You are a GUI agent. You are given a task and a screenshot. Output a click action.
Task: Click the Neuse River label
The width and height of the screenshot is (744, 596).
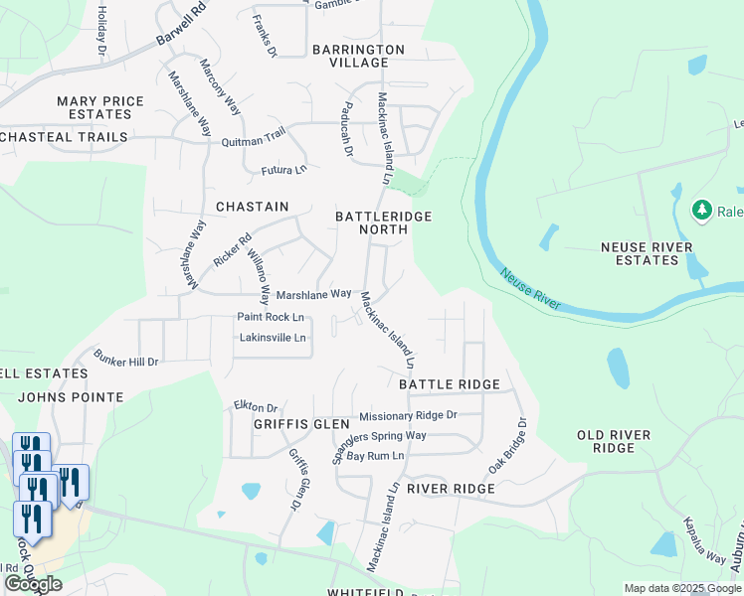pyautogui.click(x=531, y=289)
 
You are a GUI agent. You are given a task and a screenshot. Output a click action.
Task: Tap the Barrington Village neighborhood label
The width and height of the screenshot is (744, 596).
pyautogui.click(x=358, y=56)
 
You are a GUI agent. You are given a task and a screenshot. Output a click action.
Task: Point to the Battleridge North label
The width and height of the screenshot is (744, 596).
pyautogui.click(x=372, y=222)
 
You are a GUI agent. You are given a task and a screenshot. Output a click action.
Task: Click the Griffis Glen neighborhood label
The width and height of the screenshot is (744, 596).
pyautogui.click(x=275, y=423)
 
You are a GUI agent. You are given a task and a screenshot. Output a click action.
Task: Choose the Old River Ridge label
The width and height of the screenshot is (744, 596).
pyautogui.click(x=614, y=441)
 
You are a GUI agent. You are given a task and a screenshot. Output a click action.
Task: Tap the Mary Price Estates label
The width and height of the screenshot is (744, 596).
pyautogui.click(x=100, y=107)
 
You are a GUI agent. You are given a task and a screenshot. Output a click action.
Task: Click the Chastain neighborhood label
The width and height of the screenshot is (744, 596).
pyautogui.click(x=252, y=207)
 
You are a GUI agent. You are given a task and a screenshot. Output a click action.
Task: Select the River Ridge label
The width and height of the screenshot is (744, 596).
pyautogui.click(x=451, y=489)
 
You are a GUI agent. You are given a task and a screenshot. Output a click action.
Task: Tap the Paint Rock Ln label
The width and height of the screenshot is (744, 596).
pyautogui.click(x=270, y=317)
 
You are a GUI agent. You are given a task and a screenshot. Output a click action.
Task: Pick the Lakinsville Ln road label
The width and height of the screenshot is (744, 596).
pyautogui.click(x=273, y=338)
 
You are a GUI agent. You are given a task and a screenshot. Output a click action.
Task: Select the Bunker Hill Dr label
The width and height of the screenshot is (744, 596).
pyautogui.click(x=126, y=359)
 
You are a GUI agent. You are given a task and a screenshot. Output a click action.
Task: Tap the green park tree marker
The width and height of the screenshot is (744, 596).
pyautogui.click(x=702, y=210)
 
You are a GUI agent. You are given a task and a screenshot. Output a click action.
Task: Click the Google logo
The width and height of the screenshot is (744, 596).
pyautogui.click(x=33, y=584)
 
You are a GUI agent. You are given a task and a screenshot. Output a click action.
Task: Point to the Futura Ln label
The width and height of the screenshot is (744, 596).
pyautogui.click(x=284, y=170)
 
